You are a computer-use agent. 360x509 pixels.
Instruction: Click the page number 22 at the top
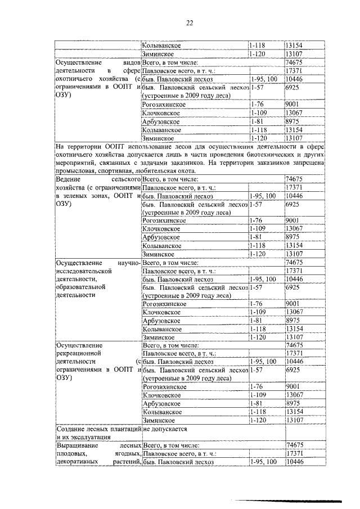pyautogui.click(x=190, y=22)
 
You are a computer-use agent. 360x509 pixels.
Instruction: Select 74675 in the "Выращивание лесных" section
pyautogui.click(x=295, y=444)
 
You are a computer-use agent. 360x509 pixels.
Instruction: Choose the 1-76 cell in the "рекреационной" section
pyautogui.click(x=257, y=387)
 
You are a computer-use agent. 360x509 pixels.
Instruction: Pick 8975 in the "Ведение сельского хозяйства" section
pyautogui.click(x=294, y=237)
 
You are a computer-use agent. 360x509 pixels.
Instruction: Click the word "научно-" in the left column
pyautogui.click(x=127, y=262)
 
